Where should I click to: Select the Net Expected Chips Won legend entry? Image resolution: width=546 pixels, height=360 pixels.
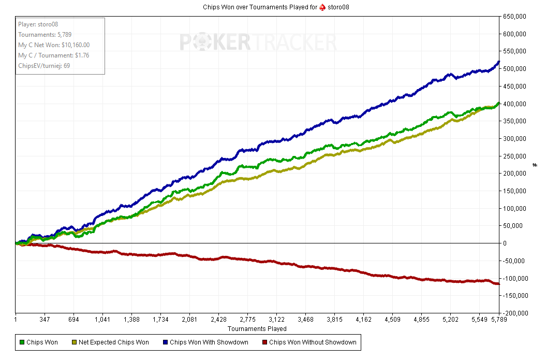[113, 342]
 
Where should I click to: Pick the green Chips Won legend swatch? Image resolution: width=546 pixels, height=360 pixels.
[21, 342]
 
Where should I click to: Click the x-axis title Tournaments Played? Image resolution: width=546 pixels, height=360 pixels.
[257, 328]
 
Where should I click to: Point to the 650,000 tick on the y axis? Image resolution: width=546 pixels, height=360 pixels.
[514, 17]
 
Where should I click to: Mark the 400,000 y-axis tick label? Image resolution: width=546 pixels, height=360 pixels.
[514, 104]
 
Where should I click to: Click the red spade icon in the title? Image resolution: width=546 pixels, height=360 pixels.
[322, 7]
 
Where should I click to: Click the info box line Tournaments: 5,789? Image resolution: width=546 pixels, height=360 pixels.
[45, 35]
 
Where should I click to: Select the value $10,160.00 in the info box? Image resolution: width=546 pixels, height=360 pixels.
[72, 45]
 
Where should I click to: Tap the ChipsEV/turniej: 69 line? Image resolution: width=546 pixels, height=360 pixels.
[44, 66]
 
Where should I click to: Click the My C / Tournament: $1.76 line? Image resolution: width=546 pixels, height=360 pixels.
[54, 55]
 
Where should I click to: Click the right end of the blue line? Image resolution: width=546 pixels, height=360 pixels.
[499, 62]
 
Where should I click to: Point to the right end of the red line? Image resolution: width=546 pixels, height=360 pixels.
[499, 284]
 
